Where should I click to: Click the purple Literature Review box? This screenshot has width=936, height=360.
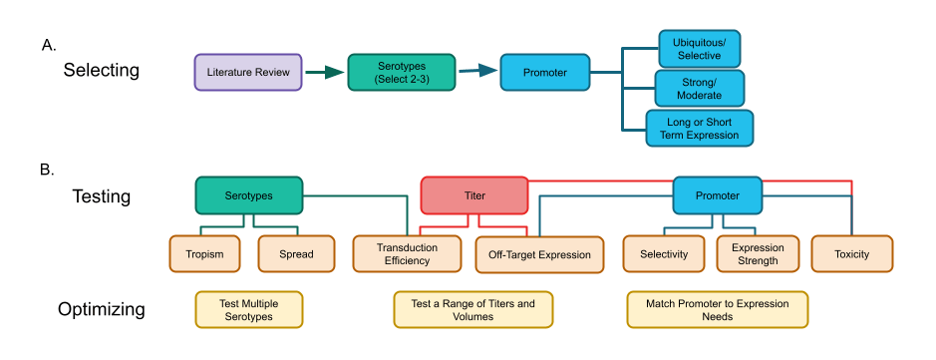point(248,73)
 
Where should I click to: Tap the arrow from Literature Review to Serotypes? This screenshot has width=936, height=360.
point(324,73)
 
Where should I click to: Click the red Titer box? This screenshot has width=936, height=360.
point(473,195)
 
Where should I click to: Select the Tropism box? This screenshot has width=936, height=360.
point(207,254)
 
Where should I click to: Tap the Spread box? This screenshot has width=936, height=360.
point(296,254)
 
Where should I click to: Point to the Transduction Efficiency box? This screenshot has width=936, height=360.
point(407,254)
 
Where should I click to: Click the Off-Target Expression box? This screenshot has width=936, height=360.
point(539,254)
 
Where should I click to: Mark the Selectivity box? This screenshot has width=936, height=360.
point(663,254)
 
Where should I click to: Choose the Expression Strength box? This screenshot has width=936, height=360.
point(758,254)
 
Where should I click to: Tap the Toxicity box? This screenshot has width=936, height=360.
point(852,254)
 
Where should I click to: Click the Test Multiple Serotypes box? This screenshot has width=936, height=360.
point(247,309)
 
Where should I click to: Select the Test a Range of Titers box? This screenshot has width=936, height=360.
point(472,309)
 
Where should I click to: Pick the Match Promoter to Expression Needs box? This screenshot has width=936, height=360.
point(717,309)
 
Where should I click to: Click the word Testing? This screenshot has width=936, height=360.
point(102,196)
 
